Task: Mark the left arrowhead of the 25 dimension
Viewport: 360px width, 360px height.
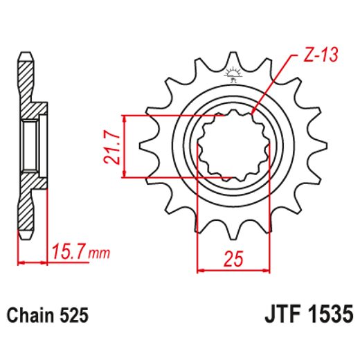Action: click(x=201, y=269)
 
